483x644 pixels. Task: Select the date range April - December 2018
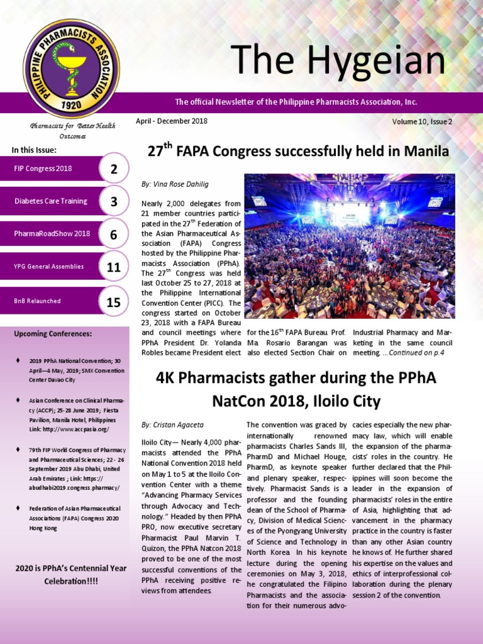click(172, 121)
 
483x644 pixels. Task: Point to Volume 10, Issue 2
click(421, 121)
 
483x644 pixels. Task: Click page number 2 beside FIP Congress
click(113, 169)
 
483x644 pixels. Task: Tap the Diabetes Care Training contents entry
click(51, 201)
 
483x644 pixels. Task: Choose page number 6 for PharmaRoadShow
click(113, 235)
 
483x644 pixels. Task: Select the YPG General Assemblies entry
click(49, 267)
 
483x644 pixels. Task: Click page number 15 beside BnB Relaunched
click(113, 302)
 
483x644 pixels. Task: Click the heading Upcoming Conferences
click(53, 333)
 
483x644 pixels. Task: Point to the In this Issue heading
click(34, 150)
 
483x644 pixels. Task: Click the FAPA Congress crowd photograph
click(349, 246)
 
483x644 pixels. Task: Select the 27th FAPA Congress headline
click(298, 151)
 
